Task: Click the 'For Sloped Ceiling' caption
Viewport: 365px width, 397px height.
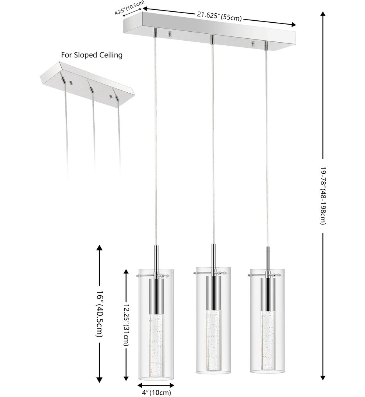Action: point(91,55)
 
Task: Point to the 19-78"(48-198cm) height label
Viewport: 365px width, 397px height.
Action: point(323,196)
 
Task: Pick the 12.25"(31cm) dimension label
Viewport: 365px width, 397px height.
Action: point(126,324)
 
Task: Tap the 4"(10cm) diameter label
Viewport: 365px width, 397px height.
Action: point(156,392)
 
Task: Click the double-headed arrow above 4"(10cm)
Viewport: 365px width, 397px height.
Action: point(156,384)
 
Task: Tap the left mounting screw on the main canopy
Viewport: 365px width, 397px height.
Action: point(170,34)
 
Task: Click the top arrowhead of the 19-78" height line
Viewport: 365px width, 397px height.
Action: point(323,14)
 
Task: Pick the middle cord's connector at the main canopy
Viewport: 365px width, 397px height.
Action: point(212,39)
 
